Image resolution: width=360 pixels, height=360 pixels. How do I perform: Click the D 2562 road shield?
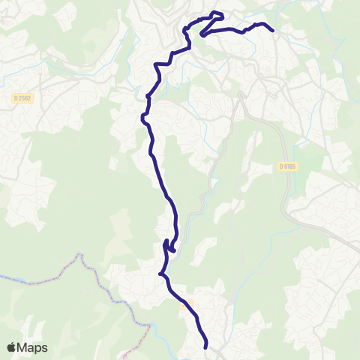click(x=23, y=97)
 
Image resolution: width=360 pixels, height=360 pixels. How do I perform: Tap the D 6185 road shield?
click(x=287, y=166)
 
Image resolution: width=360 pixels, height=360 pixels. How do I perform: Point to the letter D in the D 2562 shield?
click(x=16, y=97)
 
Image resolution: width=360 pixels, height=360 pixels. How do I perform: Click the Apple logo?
click(x=12, y=347)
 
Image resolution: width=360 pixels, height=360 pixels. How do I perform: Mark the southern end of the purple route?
click(x=205, y=346)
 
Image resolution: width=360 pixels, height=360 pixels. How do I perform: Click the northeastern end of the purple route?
click(x=271, y=31)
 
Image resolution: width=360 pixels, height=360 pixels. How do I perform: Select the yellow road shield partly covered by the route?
click(x=188, y=302)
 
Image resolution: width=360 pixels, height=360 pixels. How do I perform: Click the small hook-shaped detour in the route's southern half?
click(x=170, y=248)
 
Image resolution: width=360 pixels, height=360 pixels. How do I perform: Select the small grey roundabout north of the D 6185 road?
click(x=241, y=95)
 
